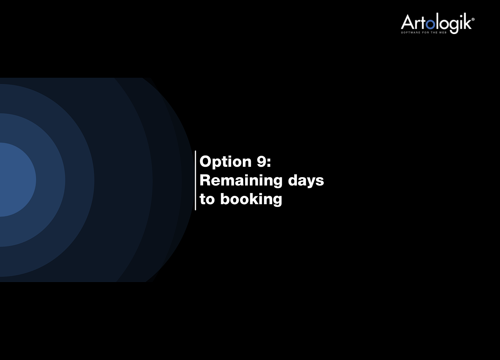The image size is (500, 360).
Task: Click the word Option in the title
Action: (x=225, y=162)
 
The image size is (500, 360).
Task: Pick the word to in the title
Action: (x=207, y=199)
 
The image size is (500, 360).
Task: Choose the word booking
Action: (x=251, y=200)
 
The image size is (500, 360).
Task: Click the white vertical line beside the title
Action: (x=195, y=180)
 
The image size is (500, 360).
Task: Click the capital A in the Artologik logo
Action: (x=407, y=22)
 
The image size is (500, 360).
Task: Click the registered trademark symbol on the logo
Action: (x=473, y=19)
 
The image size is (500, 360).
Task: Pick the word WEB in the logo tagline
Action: (x=443, y=32)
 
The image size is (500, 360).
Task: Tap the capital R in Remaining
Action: (x=205, y=180)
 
